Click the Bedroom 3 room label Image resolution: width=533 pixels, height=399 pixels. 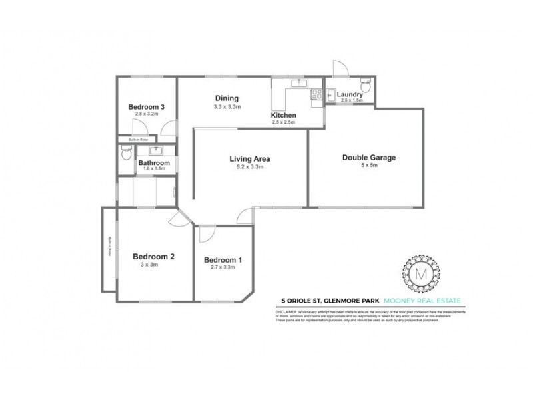pos(147,107)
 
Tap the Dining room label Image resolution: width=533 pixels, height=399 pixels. pos(227,98)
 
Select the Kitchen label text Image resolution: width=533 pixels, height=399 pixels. pos(284,116)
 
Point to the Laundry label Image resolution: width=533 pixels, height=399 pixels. pos(350,95)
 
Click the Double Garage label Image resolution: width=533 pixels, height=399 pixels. pos(369,158)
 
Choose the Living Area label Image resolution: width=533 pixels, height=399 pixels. pos(249,158)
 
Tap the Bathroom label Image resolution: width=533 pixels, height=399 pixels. pos(154,163)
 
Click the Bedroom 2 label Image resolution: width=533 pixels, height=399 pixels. pos(153,257)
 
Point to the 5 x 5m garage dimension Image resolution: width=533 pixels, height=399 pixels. pos(369,166)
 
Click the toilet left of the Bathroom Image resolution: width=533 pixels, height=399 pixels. pos(127,155)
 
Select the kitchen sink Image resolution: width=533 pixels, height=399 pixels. pos(299,84)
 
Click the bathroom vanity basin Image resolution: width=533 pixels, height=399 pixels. pos(156,150)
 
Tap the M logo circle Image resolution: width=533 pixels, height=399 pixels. pos(421,271)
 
